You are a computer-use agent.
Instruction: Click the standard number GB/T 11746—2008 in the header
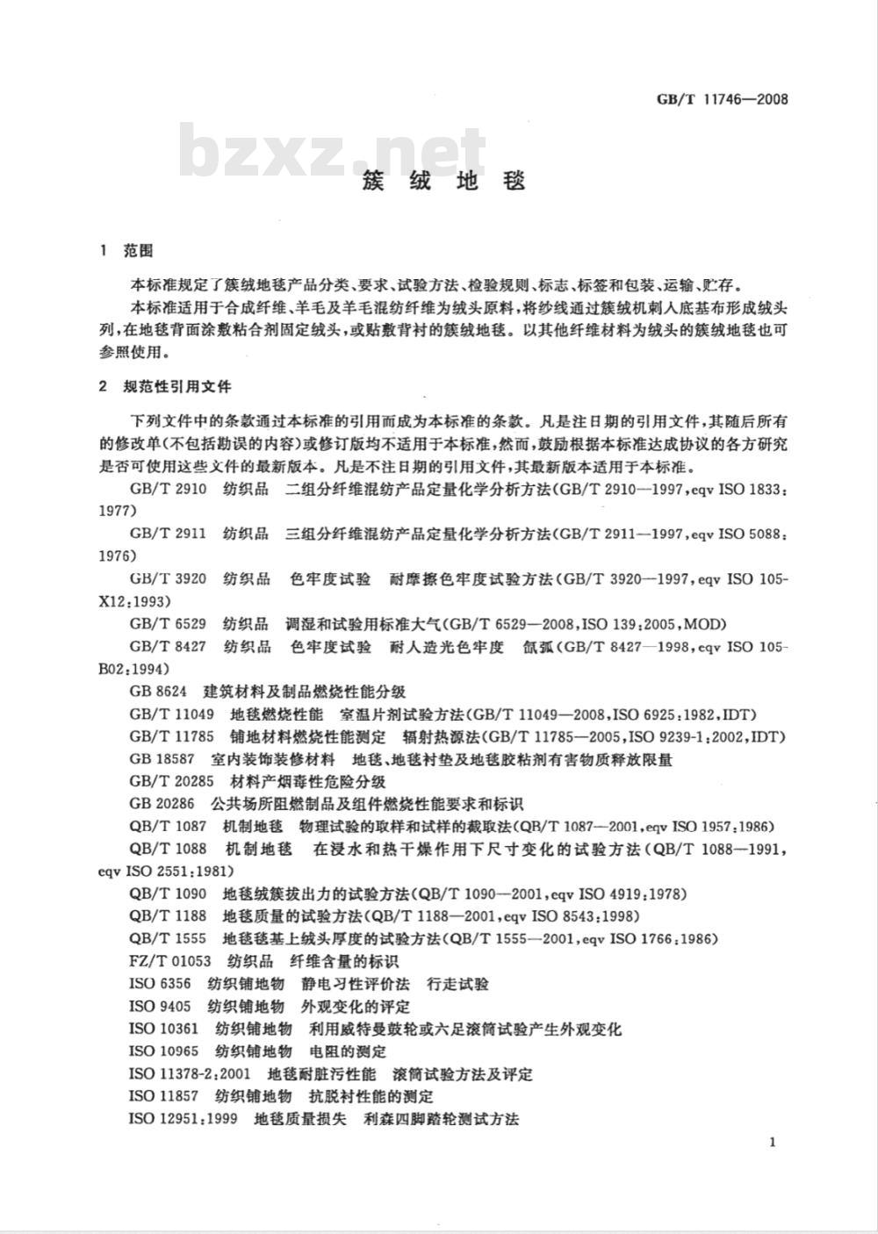coord(722,98)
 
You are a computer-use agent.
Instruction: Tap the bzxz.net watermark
coord(334,151)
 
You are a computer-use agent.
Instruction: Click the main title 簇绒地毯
coord(444,182)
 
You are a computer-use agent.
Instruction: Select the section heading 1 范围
coord(127,251)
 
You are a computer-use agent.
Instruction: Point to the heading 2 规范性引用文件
coord(166,386)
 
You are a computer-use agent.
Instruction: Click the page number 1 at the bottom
coord(771,1142)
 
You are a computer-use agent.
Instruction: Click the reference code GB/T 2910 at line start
coord(168,489)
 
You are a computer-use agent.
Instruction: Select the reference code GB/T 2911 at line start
coord(168,534)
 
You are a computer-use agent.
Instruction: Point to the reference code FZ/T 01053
coord(170,961)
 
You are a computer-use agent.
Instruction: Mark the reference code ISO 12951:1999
coord(184,1119)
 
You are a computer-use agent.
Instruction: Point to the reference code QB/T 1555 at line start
coord(168,938)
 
